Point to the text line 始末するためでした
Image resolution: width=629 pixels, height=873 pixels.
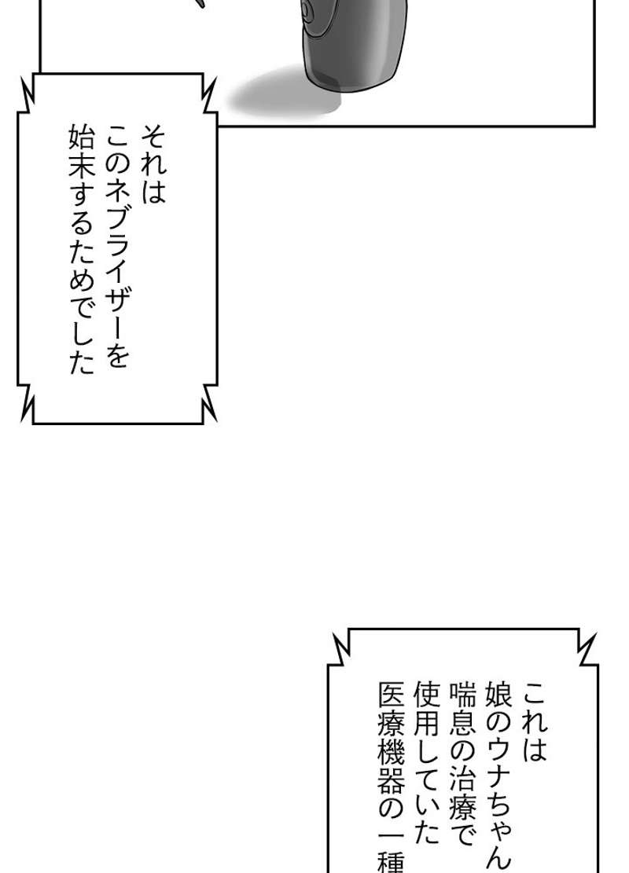(x=80, y=251)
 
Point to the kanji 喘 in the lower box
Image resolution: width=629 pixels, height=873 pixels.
(x=462, y=695)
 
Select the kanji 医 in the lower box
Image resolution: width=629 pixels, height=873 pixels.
(x=391, y=695)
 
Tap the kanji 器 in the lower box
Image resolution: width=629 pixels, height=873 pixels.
(x=391, y=801)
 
